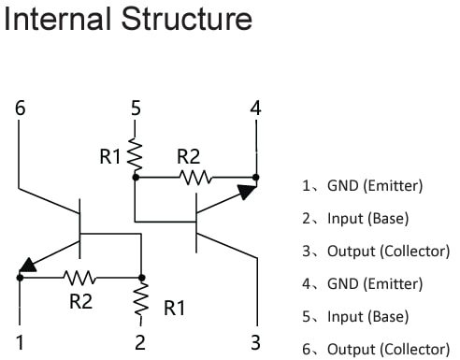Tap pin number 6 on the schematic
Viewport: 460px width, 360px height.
21,108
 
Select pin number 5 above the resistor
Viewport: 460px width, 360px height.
137,108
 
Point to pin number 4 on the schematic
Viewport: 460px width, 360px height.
255,108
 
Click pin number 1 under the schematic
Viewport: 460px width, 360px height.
21,342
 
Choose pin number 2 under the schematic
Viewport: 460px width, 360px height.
140,342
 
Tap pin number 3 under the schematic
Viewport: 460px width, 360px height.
255,342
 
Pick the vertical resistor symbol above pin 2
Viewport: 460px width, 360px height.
141,300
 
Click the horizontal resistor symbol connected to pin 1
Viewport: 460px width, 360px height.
79,278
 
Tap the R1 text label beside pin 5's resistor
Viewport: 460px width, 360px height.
111,157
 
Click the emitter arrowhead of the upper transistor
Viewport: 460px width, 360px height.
245,193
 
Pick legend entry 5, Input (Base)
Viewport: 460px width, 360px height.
355,317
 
